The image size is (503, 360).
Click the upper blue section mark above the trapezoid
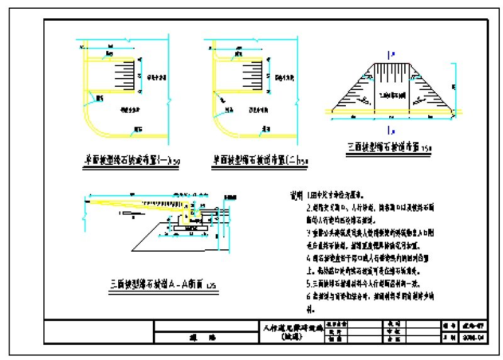[392, 55]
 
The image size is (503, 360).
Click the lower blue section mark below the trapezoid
[392, 130]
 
